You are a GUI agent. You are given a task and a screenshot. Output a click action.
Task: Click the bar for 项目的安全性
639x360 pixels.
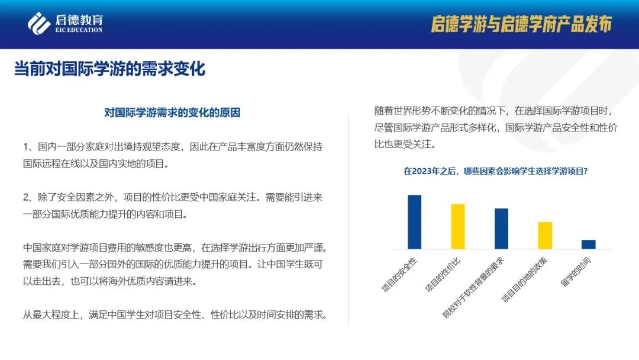pyautogui.click(x=414, y=222)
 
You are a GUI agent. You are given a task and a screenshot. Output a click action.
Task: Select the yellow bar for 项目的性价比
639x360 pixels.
pyautogui.click(x=458, y=226)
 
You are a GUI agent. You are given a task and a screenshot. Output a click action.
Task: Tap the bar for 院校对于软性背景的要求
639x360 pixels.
pyautogui.click(x=501, y=229)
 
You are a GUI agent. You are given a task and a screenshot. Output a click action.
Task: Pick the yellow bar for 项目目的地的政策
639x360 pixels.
pyautogui.click(x=545, y=235)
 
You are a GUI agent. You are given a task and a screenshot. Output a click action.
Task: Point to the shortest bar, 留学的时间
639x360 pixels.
pyautogui.click(x=588, y=244)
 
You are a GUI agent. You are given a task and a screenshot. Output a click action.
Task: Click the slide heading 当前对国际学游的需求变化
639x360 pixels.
pyautogui.click(x=110, y=69)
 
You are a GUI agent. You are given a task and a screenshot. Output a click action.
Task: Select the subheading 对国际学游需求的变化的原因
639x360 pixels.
pyautogui.click(x=172, y=112)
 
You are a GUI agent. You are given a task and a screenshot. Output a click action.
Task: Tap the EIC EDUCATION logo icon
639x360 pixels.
pyautogui.click(x=39, y=23)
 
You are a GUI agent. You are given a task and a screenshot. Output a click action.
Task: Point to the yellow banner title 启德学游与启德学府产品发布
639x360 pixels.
pyautogui.click(x=521, y=24)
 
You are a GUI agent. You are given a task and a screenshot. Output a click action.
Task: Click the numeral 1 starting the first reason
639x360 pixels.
pyautogui.click(x=26, y=146)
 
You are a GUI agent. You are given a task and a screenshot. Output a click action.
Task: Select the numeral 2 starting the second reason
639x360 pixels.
pyautogui.click(x=26, y=198)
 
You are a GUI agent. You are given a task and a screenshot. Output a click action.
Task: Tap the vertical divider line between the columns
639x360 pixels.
pyautogui.click(x=348, y=219)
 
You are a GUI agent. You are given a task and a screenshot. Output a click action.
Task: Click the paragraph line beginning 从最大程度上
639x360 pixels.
pyautogui.click(x=175, y=314)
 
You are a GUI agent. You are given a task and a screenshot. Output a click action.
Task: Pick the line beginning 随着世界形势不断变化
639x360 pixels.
pyautogui.click(x=497, y=110)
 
